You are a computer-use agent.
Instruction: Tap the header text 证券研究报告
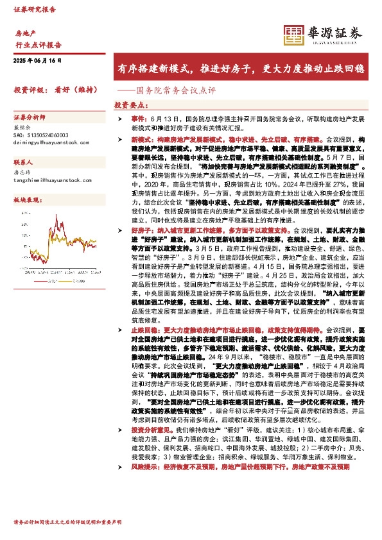[x=34, y=10]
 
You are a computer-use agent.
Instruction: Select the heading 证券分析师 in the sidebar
[x=30, y=118]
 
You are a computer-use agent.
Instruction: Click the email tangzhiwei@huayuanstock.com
[x=53, y=181]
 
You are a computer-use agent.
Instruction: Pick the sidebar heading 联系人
[x=23, y=164]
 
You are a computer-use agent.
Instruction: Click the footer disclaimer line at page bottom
[x=67, y=523]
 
